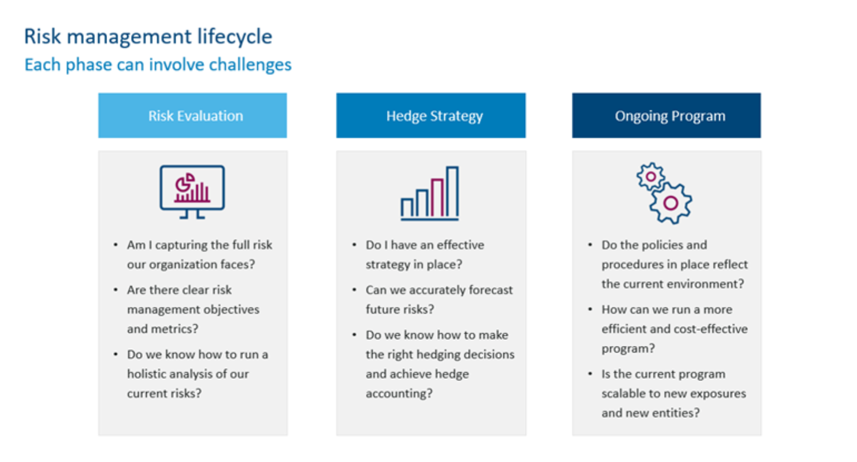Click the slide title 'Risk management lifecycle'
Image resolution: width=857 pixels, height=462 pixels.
(148, 37)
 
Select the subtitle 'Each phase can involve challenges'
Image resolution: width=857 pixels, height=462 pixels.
(158, 65)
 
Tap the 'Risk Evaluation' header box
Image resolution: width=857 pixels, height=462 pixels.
(192, 116)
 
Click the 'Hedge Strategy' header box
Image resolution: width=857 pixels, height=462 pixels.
(431, 116)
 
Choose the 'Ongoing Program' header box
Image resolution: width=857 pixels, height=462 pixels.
(666, 116)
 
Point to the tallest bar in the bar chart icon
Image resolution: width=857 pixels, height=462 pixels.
(452, 192)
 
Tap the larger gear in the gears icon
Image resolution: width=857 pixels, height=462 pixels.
(671, 203)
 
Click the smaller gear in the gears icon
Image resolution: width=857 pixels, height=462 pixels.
(651, 177)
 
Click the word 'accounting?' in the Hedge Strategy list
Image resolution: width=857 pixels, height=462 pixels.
(399, 393)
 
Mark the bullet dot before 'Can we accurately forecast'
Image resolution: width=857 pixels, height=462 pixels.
(354, 290)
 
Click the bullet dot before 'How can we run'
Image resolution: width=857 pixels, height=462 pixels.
(590, 309)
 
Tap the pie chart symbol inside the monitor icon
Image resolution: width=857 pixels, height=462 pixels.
(184, 182)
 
